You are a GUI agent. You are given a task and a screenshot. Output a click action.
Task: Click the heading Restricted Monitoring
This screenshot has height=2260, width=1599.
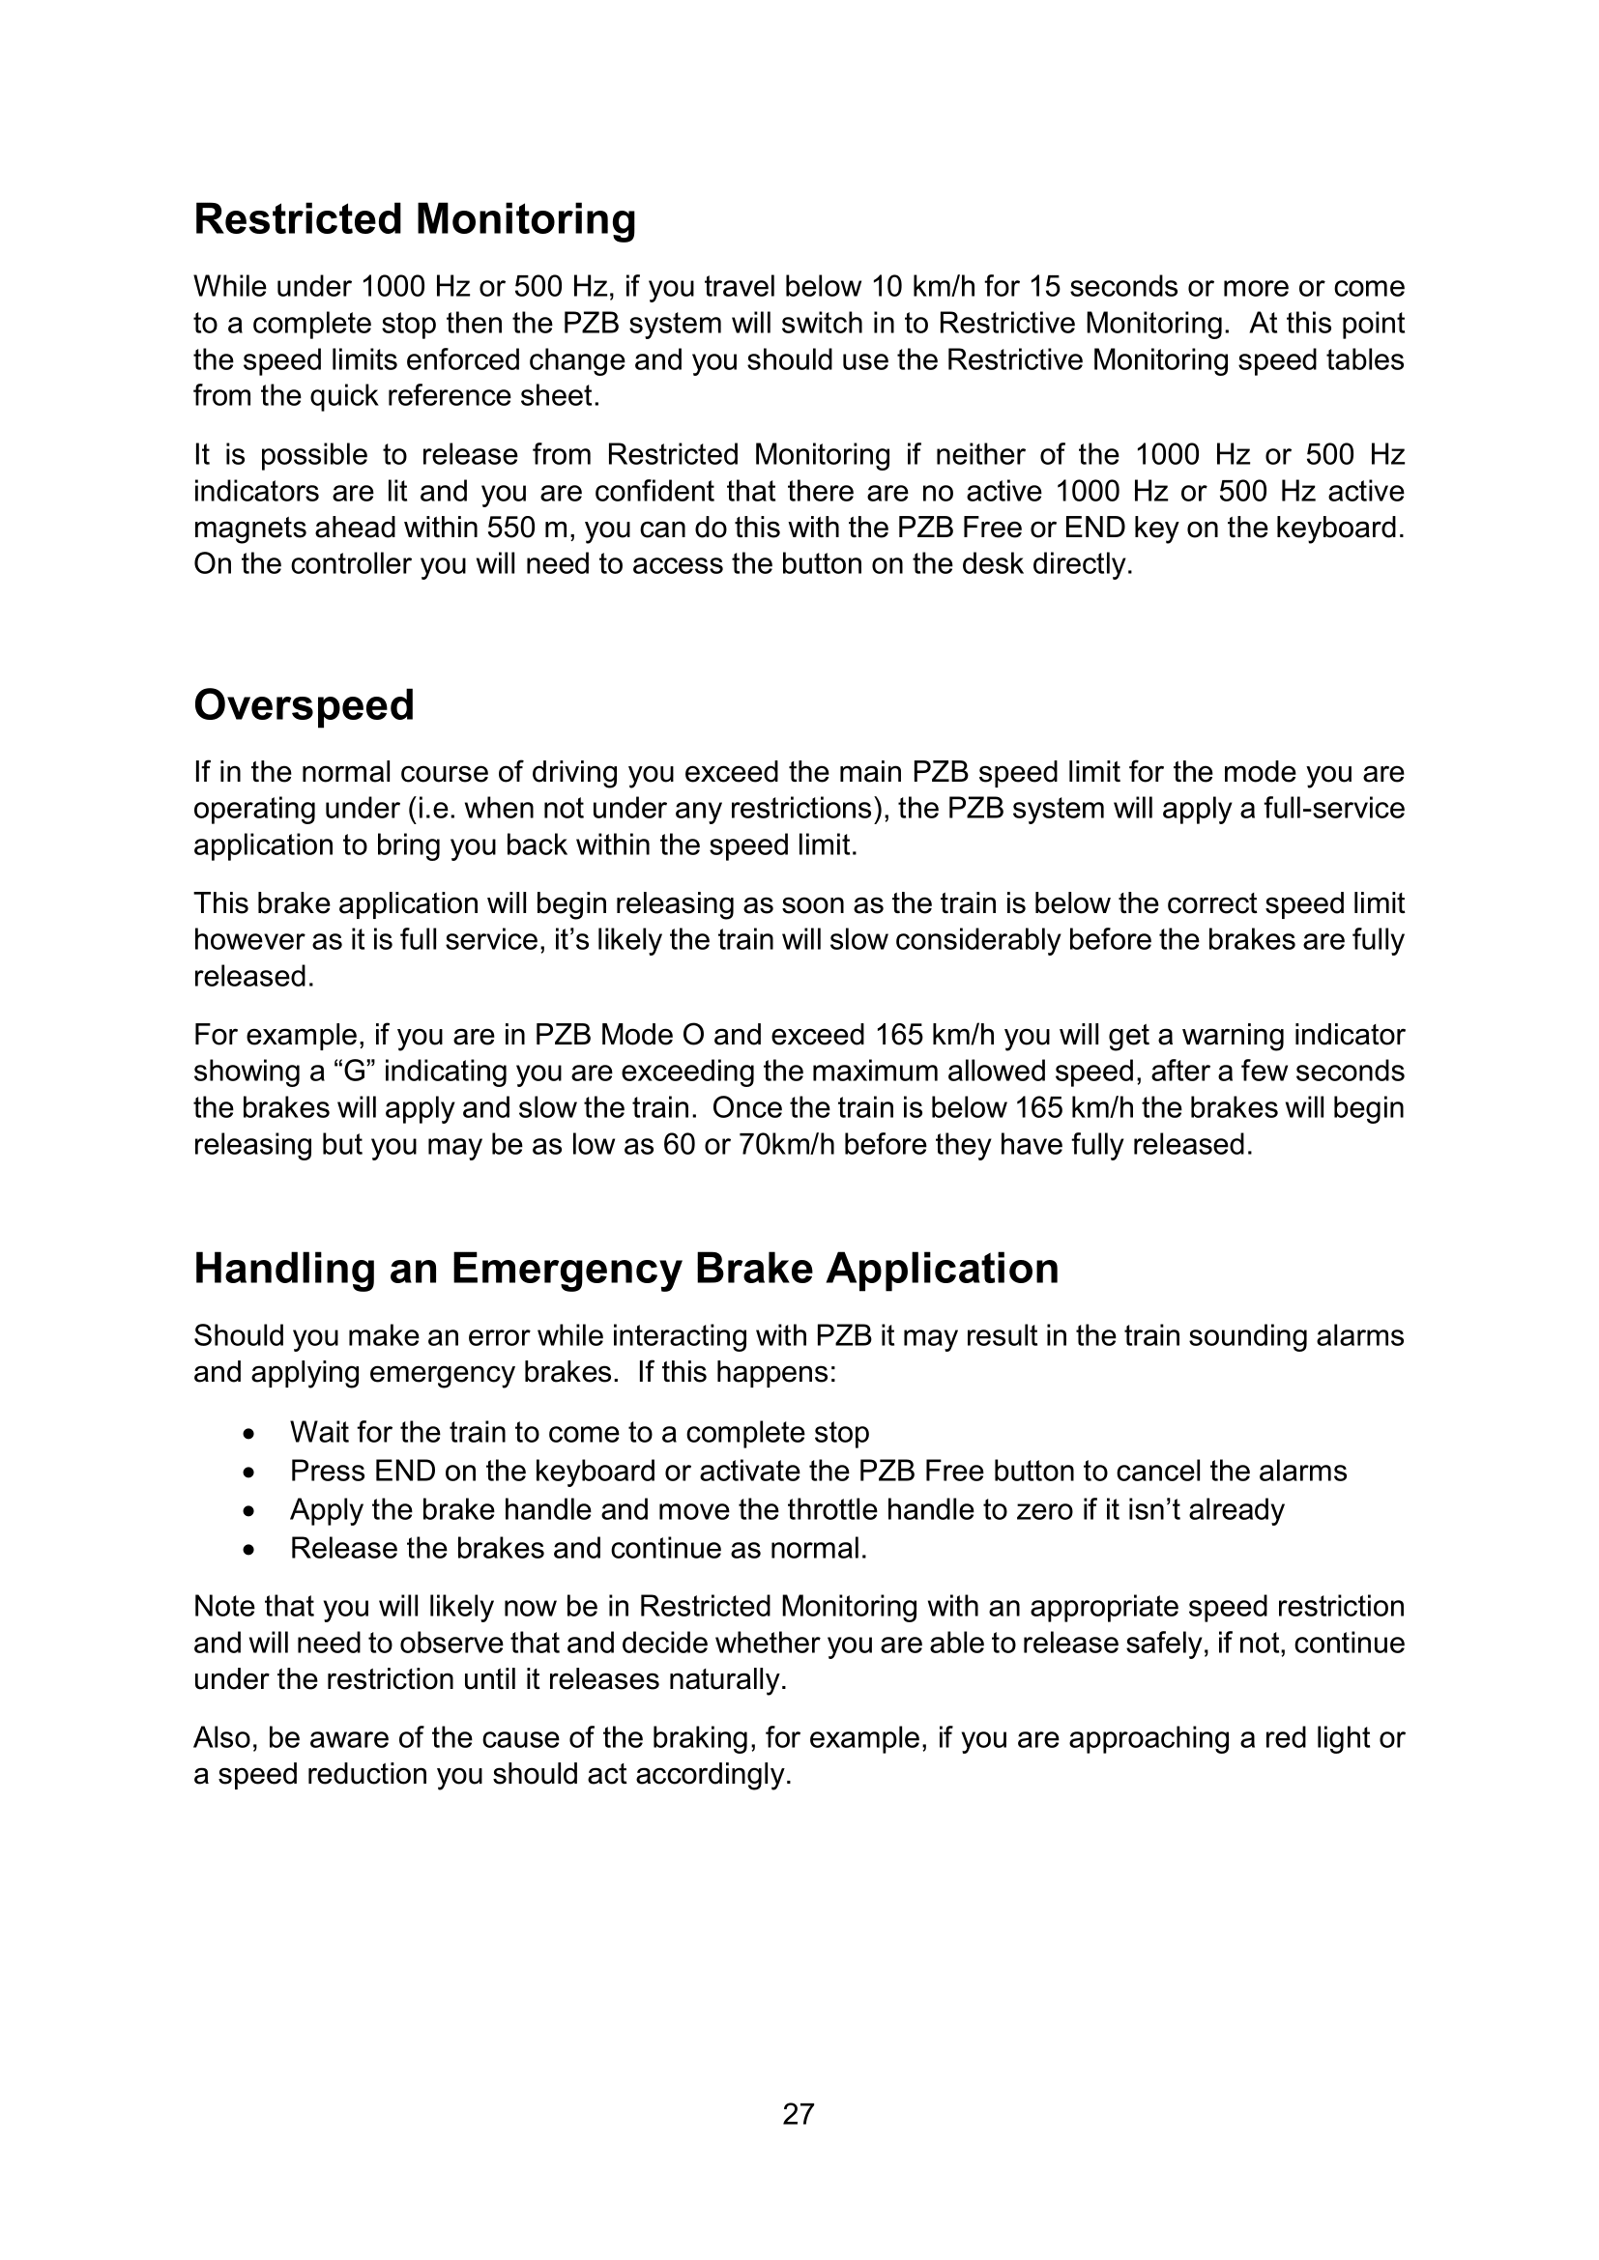click(415, 218)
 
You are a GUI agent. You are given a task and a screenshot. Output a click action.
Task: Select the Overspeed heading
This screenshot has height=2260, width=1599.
click(304, 704)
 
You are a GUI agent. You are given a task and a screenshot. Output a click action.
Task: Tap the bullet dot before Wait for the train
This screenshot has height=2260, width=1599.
click(252, 1433)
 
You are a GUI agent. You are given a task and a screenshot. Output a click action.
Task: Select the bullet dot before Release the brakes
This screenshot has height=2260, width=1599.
click(252, 1549)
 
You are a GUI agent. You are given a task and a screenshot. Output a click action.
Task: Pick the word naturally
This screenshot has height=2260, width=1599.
click(728, 1679)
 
